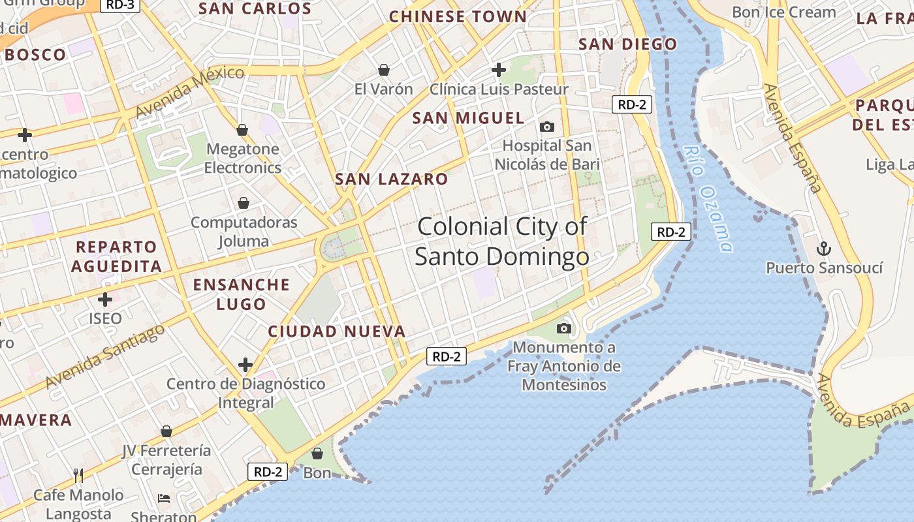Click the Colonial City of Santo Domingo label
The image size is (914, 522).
tap(502, 241)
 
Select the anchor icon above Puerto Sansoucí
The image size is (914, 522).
tap(824, 249)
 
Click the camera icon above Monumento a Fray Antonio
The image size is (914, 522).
tap(564, 328)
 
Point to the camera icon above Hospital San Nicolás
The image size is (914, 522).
tap(547, 127)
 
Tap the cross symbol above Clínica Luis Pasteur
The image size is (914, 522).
tap(499, 69)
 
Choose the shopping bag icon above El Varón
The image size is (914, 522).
tap(384, 70)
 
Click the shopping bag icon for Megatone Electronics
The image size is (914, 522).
tap(242, 130)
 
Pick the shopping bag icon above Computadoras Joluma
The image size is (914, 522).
tap(244, 203)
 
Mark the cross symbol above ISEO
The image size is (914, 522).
tap(105, 299)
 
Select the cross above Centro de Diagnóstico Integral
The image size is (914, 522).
tap(245, 364)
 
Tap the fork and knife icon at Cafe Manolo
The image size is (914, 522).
tap(78, 475)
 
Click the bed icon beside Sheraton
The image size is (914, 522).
tap(164, 499)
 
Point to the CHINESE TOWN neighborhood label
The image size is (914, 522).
tap(457, 17)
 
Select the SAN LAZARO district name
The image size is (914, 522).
tap(391, 179)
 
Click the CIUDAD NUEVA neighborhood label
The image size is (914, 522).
tap(337, 331)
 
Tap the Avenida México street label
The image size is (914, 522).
tap(189, 91)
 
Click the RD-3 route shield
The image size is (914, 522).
tap(120, 5)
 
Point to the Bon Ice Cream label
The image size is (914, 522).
tap(783, 12)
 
